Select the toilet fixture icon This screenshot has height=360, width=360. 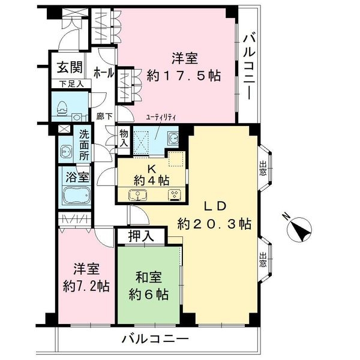(62, 106)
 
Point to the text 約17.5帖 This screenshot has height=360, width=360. (185, 76)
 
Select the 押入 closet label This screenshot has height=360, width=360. (143, 236)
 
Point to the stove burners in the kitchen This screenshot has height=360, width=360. (175, 194)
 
